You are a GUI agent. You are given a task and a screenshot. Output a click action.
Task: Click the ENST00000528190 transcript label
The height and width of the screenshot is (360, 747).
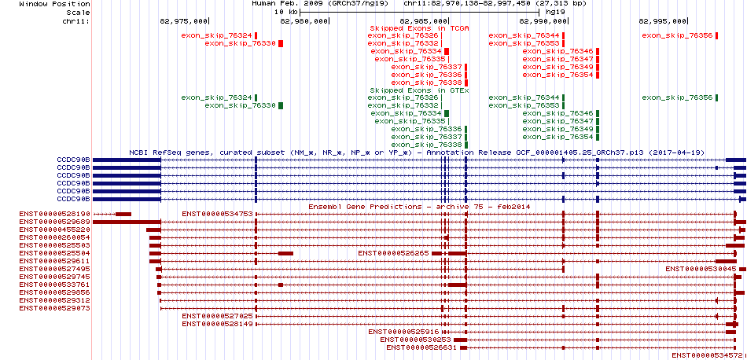[54, 214]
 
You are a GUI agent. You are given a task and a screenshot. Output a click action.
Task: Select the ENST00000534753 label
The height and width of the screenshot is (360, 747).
[217, 214]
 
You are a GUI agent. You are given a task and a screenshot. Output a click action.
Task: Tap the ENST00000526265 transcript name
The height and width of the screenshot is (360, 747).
[393, 253]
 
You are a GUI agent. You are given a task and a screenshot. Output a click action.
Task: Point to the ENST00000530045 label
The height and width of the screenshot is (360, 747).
[701, 269]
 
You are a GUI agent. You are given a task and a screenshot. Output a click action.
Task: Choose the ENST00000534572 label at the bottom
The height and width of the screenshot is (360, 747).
[708, 354]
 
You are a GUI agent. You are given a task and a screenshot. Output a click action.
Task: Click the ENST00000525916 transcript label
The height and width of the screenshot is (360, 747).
[403, 331]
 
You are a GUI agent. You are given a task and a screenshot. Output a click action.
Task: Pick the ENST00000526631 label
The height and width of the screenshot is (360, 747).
[421, 347]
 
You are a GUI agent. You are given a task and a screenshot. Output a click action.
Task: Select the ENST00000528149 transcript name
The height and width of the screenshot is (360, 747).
[217, 323]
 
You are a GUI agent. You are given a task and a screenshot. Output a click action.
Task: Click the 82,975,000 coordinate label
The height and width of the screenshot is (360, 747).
[183, 21]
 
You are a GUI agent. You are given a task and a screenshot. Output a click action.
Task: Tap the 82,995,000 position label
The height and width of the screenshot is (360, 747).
[663, 21]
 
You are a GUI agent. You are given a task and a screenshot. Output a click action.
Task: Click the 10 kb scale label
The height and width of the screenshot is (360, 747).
[286, 12]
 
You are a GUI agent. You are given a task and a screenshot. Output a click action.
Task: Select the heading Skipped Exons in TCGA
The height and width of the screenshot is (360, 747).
[420, 28]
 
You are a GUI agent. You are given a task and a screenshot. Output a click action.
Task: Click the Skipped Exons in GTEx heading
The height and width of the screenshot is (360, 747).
[420, 90]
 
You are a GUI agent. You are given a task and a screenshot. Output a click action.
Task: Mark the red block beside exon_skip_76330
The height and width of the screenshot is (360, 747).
[281, 43]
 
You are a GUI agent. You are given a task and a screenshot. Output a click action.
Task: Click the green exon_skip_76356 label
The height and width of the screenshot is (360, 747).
[678, 97]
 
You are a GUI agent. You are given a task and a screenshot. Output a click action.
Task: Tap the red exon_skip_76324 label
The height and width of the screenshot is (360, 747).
[217, 35]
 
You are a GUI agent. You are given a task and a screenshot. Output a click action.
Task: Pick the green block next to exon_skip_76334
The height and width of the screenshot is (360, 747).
[447, 113]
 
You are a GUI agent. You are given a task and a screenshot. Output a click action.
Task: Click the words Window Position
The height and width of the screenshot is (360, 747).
[54, 4]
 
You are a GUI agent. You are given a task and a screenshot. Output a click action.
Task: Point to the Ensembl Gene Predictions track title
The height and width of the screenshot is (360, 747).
[419, 207]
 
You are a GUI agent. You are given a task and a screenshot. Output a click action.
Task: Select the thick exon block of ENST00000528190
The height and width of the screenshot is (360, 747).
[123, 214]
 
